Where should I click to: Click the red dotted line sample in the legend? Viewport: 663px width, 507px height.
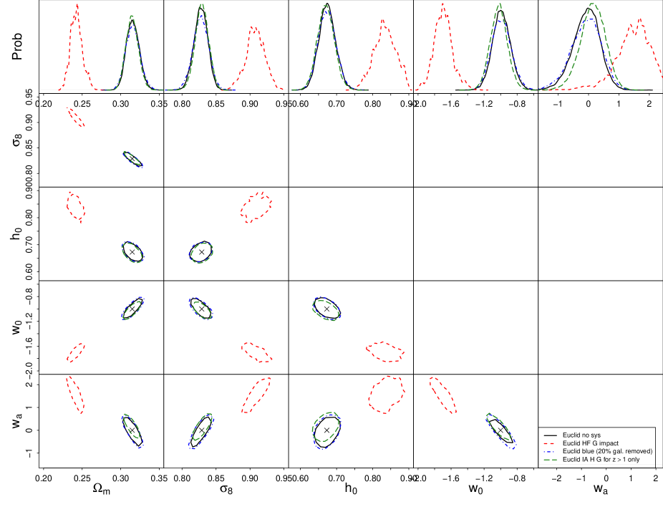(548, 444)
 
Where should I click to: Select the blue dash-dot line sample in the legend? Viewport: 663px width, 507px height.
(548, 452)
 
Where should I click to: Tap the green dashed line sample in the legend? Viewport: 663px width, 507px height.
(548, 460)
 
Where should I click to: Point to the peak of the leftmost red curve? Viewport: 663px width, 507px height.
(77, 4)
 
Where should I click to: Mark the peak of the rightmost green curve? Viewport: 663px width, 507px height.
(593, 4)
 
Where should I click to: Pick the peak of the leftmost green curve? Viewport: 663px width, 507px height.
(132, 16)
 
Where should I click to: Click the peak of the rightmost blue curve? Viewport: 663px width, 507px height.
(589, 19)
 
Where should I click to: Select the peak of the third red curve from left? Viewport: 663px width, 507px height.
(383, 19)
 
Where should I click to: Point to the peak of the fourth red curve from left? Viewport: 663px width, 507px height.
(443, 4)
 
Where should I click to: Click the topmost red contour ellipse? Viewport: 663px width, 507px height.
(76, 117)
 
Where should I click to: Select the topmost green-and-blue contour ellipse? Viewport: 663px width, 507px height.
(133, 159)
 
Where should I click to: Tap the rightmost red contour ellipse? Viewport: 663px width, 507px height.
(442, 395)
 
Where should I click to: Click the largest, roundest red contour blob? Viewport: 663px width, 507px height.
(386, 395)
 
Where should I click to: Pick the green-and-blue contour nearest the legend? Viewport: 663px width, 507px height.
(500, 430)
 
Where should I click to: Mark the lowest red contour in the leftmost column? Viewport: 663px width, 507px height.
(75, 395)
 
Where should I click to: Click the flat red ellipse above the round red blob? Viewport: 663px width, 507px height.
(385, 351)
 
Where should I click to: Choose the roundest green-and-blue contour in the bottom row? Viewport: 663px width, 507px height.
(326, 430)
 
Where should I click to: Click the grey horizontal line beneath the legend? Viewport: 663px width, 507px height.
(598, 464)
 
